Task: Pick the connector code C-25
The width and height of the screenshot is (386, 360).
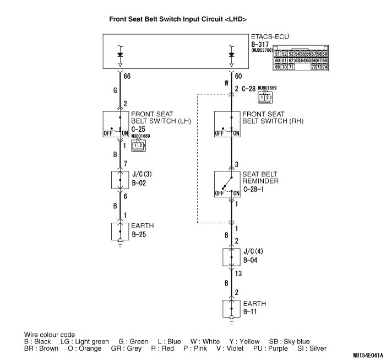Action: coord(139,128)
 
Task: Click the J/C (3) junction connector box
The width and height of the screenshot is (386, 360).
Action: coord(119,180)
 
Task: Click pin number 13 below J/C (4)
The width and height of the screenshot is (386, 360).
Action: coord(239,273)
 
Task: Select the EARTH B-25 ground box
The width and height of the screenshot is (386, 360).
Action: coord(119,231)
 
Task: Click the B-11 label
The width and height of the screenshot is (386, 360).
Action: coord(250,312)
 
